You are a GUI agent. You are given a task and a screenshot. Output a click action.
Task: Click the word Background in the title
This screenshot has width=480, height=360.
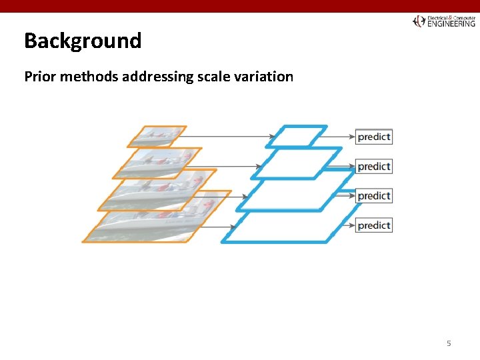coord(83,41)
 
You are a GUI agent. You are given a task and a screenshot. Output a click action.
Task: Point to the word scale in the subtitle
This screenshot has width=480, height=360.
coord(217,76)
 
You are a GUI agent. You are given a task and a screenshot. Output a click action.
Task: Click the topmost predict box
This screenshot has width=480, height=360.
coord(373,137)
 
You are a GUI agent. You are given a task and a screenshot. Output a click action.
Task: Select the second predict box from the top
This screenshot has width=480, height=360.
coord(373,166)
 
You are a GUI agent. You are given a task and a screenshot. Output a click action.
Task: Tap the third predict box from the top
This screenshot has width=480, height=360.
coord(373,195)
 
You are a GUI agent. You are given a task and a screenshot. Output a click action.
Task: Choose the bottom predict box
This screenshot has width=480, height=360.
coord(373,225)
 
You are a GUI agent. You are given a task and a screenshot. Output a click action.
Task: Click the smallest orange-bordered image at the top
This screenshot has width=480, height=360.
coord(157,135)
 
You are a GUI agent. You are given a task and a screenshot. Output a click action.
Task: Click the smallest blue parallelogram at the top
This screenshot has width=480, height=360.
coord(297,136)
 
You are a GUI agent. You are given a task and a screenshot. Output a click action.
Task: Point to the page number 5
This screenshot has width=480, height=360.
coord(449,343)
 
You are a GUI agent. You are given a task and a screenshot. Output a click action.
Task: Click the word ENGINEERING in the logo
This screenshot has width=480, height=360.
coord(451,23)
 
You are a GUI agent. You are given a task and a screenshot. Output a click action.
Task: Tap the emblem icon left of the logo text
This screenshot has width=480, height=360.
coord(419,21)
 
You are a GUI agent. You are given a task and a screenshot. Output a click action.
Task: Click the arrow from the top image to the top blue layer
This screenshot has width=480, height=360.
coord(227,137)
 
